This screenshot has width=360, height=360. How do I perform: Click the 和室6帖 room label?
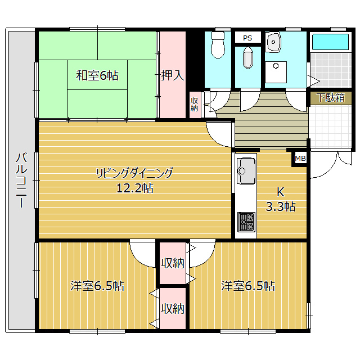pos(97,75)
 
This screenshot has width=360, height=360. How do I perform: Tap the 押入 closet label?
pos(173,75)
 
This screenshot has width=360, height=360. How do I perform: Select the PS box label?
pos(247,38)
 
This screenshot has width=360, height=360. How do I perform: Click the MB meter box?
pos(300,159)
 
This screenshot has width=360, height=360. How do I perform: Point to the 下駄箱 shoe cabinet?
pos(331,98)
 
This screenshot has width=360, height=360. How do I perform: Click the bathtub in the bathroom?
pos(330,42)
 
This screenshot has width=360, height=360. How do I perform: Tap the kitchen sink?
pos(246,170)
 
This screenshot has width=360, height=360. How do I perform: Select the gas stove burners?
pos(246,222)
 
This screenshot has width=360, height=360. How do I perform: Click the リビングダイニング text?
pos(134,173)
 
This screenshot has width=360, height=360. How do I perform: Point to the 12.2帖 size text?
pos(135,188)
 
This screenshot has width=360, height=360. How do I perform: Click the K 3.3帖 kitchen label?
pos(281,199)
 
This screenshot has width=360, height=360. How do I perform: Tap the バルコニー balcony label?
pos(21,180)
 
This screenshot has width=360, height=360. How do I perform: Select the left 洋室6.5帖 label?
pos(97,286)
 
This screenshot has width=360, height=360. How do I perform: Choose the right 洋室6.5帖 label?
pos(248,286)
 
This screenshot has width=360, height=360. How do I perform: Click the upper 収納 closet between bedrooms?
pos(173,263)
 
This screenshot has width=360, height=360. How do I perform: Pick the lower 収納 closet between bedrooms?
pos(173,309)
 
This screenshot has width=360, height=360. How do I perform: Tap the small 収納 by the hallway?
pos(195,105)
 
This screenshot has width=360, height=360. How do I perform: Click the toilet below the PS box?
pos(247,58)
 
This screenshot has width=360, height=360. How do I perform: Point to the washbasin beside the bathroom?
pos(273,42)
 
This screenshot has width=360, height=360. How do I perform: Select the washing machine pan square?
pos(276,72)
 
